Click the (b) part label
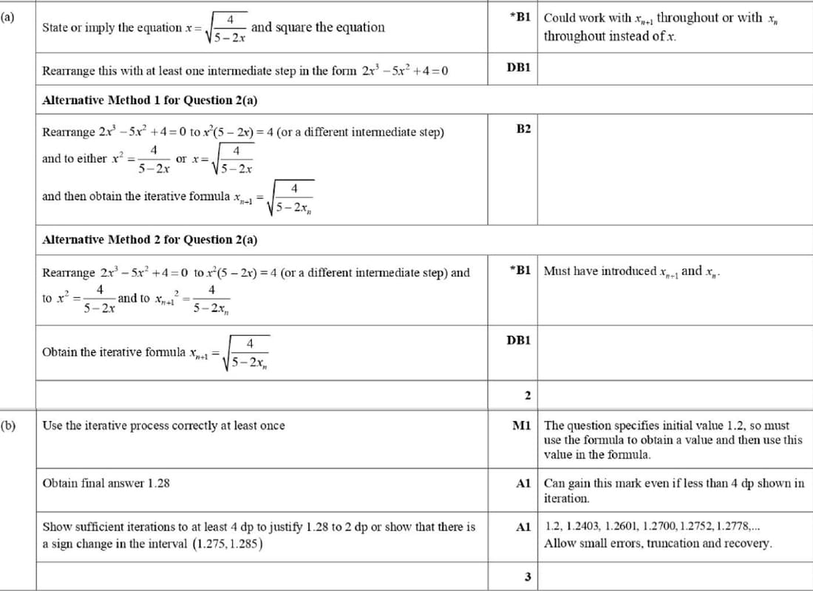pyautogui.click(x=7, y=425)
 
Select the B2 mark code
pyautogui.click(x=523, y=129)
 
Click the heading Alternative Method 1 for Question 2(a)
pyautogui.click(x=150, y=100)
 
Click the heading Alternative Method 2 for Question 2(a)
pyautogui.click(x=150, y=240)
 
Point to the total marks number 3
pyautogui.click(x=528, y=577)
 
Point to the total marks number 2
pyautogui.click(x=528, y=395)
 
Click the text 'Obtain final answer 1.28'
pyautogui.click(x=106, y=483)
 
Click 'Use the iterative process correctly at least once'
pyautogui.click(x=163, y=425)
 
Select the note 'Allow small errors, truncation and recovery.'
pyautogui.click(x=658, y=544)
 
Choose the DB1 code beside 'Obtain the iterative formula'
pyautogui.click(x=519, y=340)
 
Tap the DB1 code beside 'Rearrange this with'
pyautogui.click(x=519, y=67)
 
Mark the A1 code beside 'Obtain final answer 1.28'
pyautogui.click(x=523, y=483)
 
